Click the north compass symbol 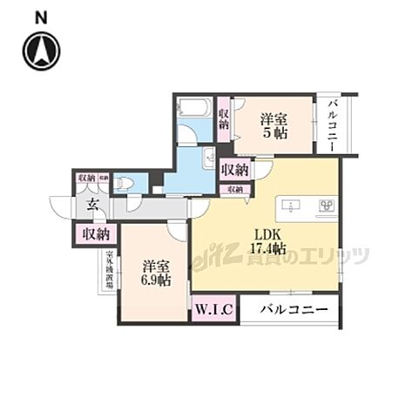tap(42, 51)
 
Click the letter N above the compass tap(41, 17)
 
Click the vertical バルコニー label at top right tap(333, 124)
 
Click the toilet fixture tap(125, 183)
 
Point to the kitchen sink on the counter tap(291, 207)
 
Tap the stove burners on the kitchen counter tap(327, 207)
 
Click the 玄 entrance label tap(92, 206)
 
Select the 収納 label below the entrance tap(95, 233)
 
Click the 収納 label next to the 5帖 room tap(236, 169)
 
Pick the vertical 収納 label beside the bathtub tap(224, 119)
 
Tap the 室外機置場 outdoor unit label tap(98, 279)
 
